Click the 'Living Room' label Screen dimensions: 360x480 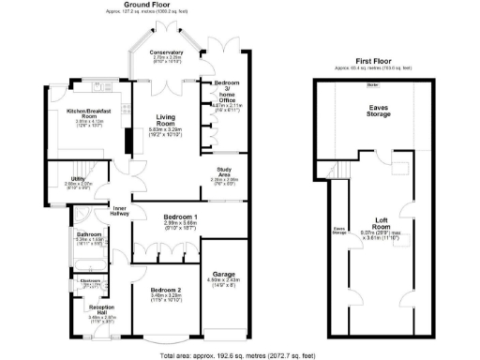click(166, 121)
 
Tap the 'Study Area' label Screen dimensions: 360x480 click(224, 172)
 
